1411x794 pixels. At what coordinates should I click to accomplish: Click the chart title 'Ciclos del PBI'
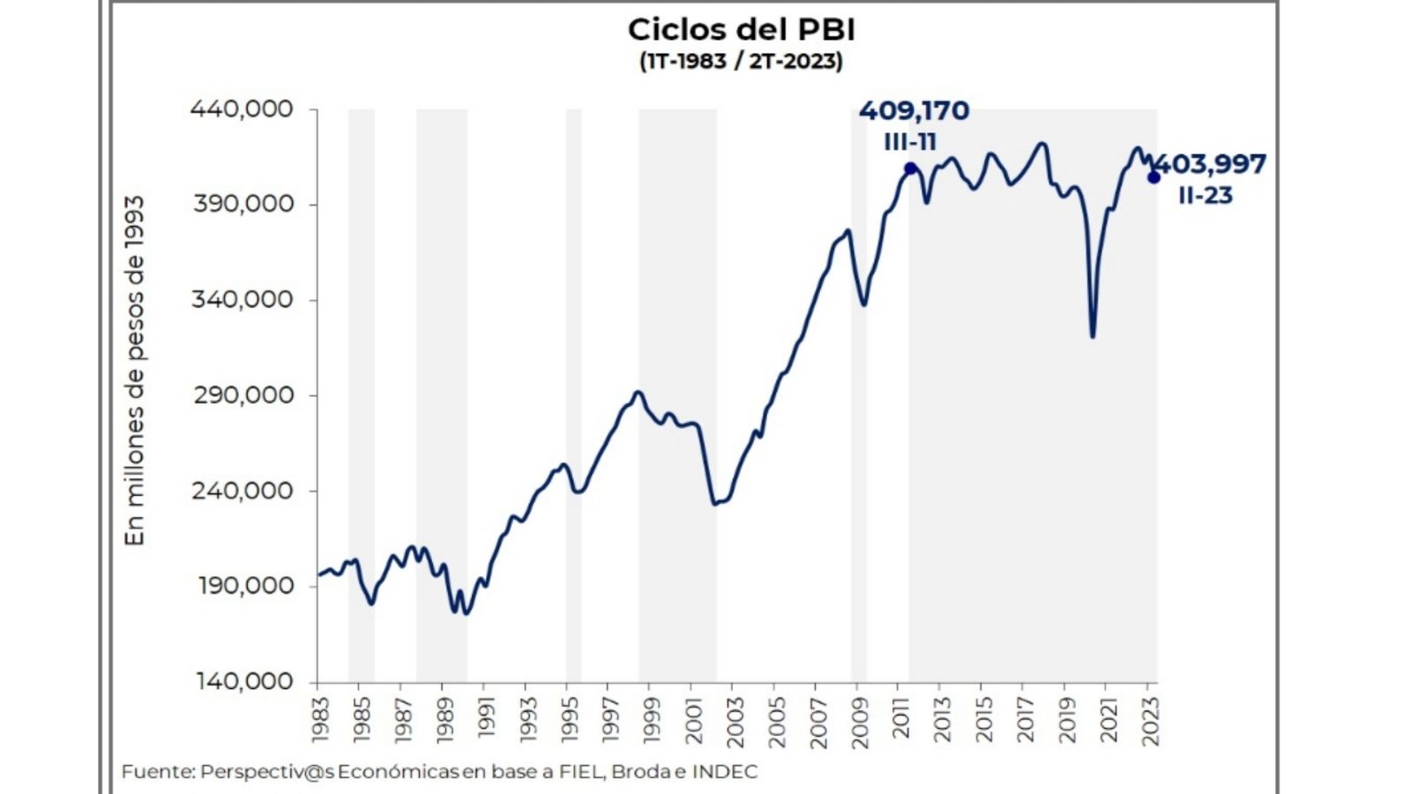pyautogui.click(x=741, y=30)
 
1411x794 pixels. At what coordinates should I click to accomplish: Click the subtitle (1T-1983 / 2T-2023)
pyautogui.click(x=741, y=61)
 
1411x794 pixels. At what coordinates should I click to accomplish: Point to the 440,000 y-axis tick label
pyautogui.click(x=242, y=109)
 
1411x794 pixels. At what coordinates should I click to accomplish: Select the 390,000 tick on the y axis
pyautogui.click(x=242, y=204)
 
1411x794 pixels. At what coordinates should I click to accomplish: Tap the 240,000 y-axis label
pyautogui.click(x=242, y=491)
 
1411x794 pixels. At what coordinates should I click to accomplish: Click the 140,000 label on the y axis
pyautogui.click(x=242, y=681)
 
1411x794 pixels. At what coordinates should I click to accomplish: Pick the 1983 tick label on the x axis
pyautogui.click(x=318, y=722)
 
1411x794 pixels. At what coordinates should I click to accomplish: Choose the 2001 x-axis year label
pyautogui.click(x=692, y=722)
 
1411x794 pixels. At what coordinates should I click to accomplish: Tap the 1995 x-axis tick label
pyautogui.click(x=568, y=722)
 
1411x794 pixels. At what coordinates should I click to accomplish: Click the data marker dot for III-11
pyautogui.click(x=910, y=169)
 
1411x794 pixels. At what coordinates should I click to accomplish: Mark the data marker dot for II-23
pyautogui.click(x=1153, y=177)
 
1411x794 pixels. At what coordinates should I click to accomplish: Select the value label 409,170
pyautogui.click(x=914, y=111)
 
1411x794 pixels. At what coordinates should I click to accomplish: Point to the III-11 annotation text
pyautogui.click(x=910, y=142)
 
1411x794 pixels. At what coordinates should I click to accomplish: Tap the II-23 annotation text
pyautogui.click(x=1206, y=195)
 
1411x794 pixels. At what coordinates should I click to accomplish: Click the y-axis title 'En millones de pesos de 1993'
pyautogui.click(x=134, y=371)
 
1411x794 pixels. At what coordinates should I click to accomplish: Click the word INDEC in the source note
pyautogui.click(x=725, y=772)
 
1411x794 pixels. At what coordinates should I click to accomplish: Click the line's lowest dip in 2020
pyautogui.click(x=1093, y=336)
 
